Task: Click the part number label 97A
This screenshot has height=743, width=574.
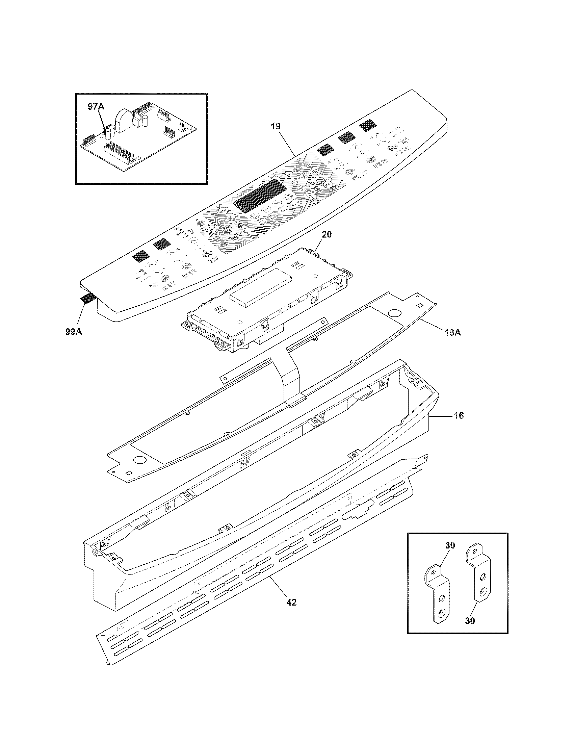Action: point(96,107)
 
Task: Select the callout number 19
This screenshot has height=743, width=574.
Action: point(276,127)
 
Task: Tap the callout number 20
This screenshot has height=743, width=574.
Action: point(326,234)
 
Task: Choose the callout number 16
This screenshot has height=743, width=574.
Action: point(459,415)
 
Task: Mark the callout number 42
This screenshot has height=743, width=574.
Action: point(291,602)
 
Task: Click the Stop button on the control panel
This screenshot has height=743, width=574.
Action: point(328,184)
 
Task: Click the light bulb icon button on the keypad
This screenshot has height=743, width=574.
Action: point(245,231)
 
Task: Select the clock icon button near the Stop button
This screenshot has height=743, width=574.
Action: point(309,195)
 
